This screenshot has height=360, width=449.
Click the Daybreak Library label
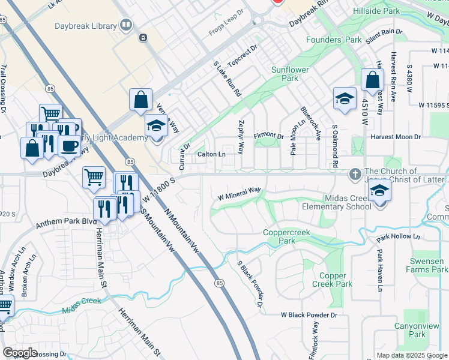click(89, 25)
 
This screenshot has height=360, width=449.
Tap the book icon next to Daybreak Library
click(126, 25)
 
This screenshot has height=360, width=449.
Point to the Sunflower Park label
click(289, 74)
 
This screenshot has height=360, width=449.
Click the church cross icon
click(355, 174)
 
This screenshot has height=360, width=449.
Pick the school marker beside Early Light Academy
click(156, 127)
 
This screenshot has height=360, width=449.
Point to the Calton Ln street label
click(212, 154)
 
